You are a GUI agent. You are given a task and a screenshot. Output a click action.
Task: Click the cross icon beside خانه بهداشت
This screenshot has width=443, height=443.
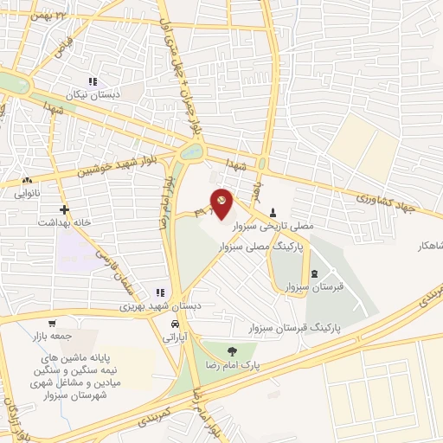64,209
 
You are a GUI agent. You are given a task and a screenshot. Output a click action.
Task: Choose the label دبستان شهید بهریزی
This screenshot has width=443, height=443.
119,306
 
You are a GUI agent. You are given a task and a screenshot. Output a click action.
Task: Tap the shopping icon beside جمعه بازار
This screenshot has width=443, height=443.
51,324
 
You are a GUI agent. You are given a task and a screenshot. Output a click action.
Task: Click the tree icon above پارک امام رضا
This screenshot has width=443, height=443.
231,350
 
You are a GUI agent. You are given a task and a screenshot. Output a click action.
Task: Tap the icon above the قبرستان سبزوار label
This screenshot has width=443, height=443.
313,274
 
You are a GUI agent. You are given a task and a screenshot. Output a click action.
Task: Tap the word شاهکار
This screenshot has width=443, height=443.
427,246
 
